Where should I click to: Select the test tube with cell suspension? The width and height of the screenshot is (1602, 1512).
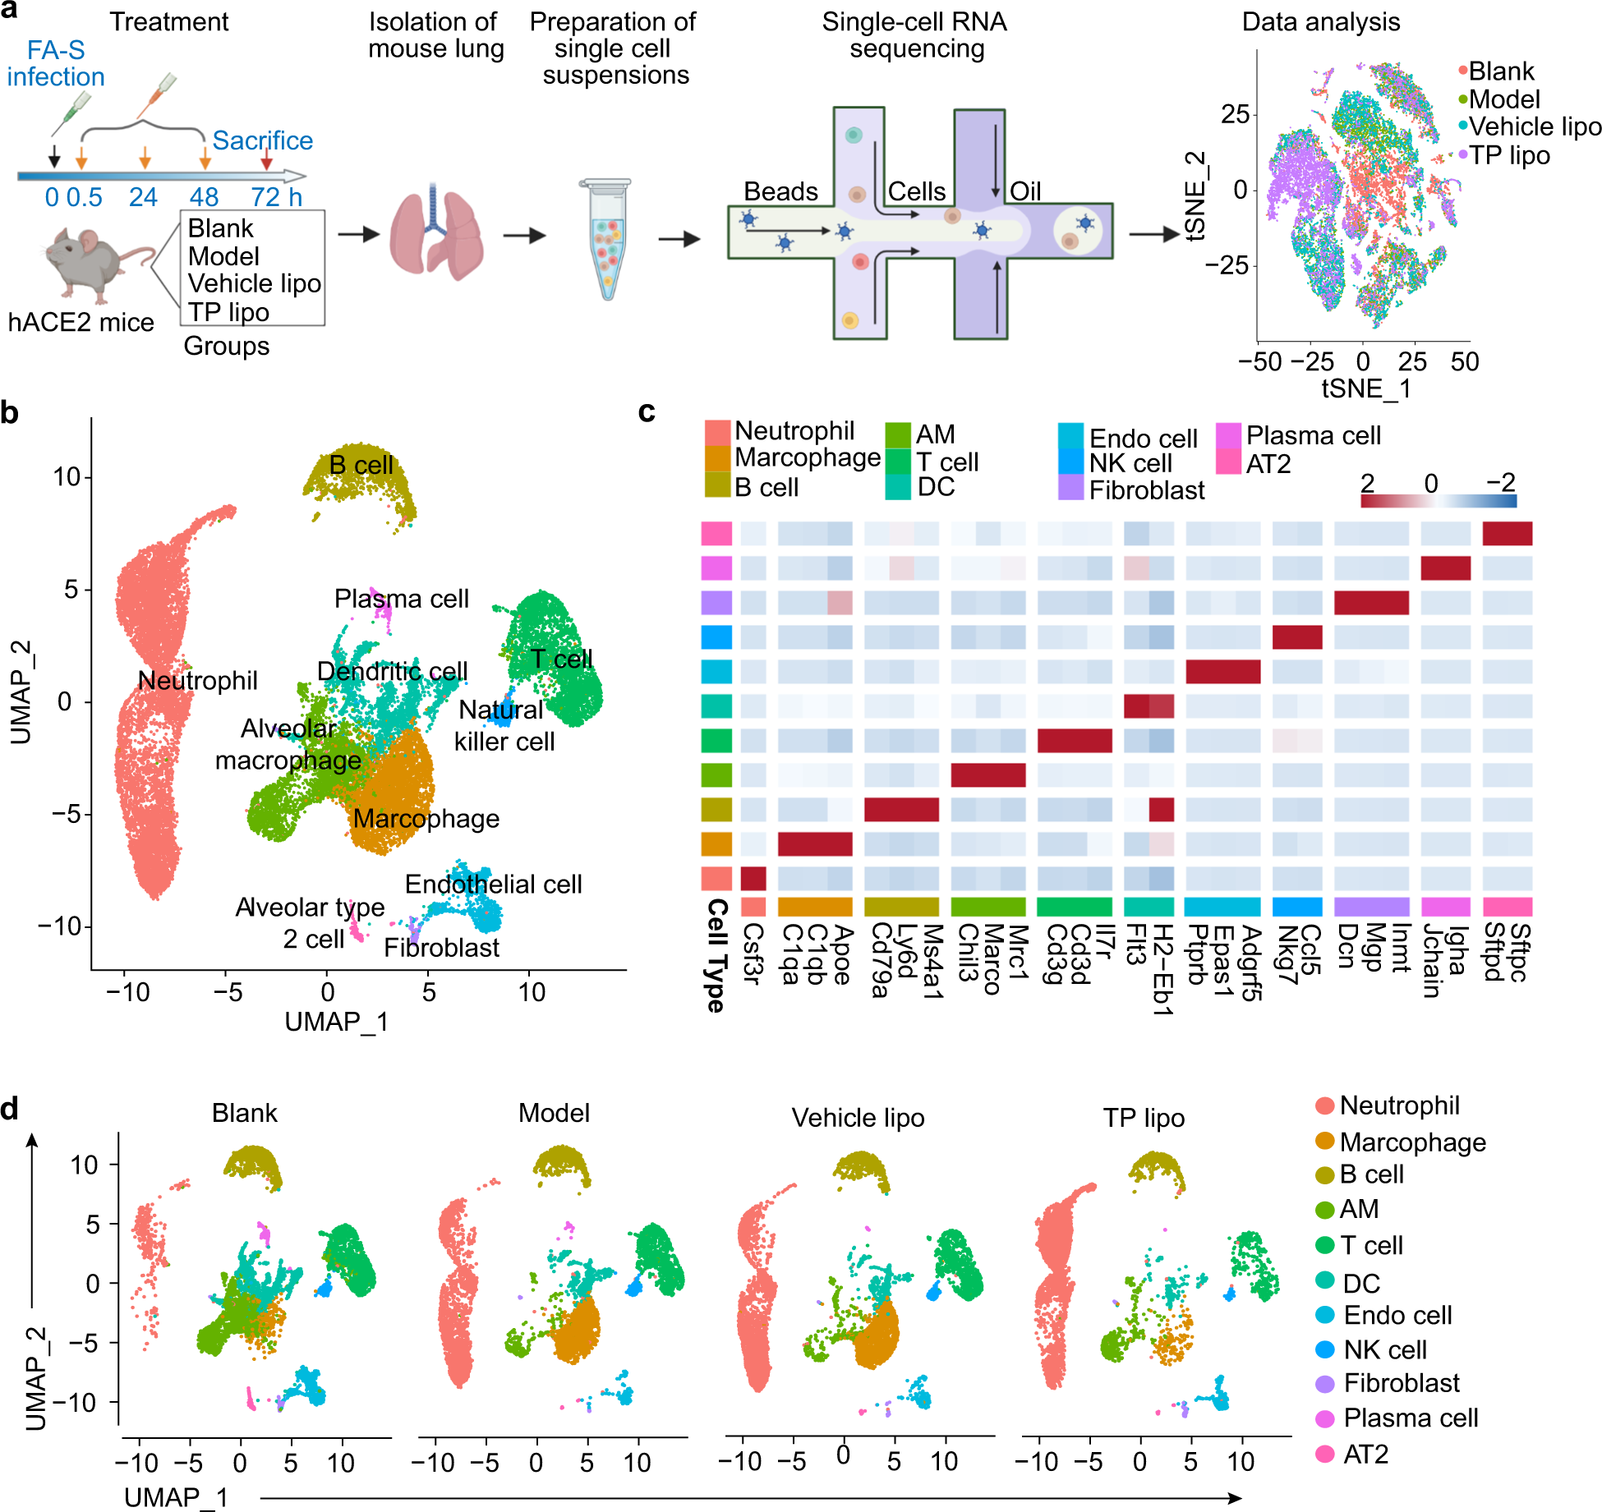[606, 238]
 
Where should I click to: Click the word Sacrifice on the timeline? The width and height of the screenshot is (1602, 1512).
[262, 140]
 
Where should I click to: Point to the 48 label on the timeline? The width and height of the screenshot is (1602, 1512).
[204, 197]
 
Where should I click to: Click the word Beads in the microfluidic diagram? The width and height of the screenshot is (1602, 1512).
[780, 191]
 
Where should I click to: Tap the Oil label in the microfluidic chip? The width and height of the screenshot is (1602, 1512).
[1024, 191]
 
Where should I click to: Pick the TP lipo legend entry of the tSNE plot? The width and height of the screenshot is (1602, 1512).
[1508, 155]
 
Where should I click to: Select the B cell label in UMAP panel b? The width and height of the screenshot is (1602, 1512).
[361, 465]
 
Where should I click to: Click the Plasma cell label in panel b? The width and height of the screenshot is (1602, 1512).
[401, 599]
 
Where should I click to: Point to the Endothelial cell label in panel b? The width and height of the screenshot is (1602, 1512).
[493, 885]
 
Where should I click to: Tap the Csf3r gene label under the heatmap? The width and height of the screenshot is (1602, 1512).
[753, 953]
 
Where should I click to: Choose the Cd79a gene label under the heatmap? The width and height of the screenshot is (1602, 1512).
[880, 960]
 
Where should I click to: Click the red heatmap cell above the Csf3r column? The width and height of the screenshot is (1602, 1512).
[753, 879]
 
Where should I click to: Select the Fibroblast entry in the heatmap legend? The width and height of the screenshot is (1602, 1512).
[1146, 490]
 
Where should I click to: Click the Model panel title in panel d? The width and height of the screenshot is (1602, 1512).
[554, 1113]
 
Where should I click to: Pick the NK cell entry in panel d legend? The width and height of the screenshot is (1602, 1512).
[1384, 1349]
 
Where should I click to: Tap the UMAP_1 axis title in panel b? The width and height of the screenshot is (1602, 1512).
[336, 1022]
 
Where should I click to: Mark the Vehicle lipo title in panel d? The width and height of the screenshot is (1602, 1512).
[858, 1118]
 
